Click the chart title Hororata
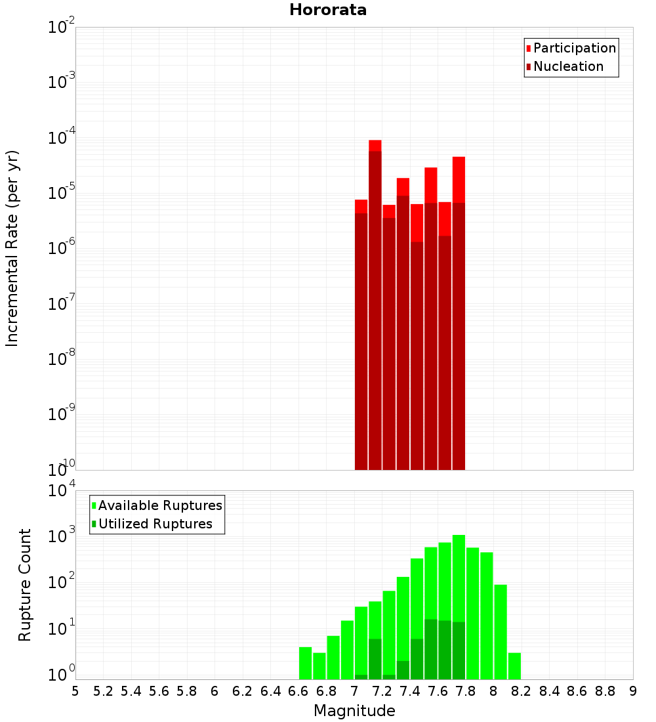[328, 10]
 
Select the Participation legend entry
[574, 48]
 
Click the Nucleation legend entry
[567, 66]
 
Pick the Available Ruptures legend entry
[159, 505]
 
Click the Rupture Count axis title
[25, 585]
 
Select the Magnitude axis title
[354, 710]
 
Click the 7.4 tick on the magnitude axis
[410, 690]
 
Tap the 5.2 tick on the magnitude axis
[103, 690]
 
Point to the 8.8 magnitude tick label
[605, 690]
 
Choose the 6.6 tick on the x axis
[298, 690]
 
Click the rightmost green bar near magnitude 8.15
[514, 666]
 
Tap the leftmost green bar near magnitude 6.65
[305, 663]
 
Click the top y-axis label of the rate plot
[61, 28]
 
